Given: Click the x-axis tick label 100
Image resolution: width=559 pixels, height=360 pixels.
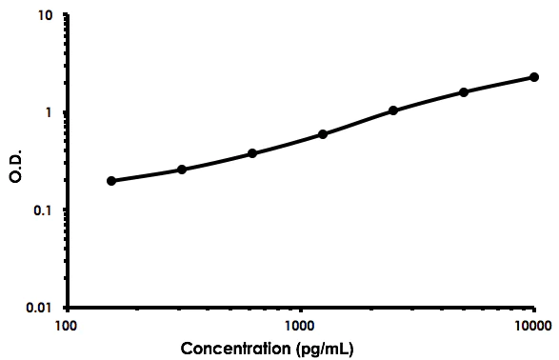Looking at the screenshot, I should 66,326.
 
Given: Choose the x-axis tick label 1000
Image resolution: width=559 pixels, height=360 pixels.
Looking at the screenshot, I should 300,326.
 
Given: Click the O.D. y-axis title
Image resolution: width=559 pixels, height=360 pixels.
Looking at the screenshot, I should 16,162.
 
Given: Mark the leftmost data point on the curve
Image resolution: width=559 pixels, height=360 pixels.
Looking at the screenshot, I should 111,181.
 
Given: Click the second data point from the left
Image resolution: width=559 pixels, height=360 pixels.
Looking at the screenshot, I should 182,170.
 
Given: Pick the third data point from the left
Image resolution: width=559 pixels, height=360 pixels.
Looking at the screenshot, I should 252,153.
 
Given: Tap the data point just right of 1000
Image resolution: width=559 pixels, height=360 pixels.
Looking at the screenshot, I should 323,134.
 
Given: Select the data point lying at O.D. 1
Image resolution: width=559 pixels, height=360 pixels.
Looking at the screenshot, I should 393,110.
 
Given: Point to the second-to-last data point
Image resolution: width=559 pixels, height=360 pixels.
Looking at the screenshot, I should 464,92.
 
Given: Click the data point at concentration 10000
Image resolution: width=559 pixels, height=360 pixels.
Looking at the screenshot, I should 534,77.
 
